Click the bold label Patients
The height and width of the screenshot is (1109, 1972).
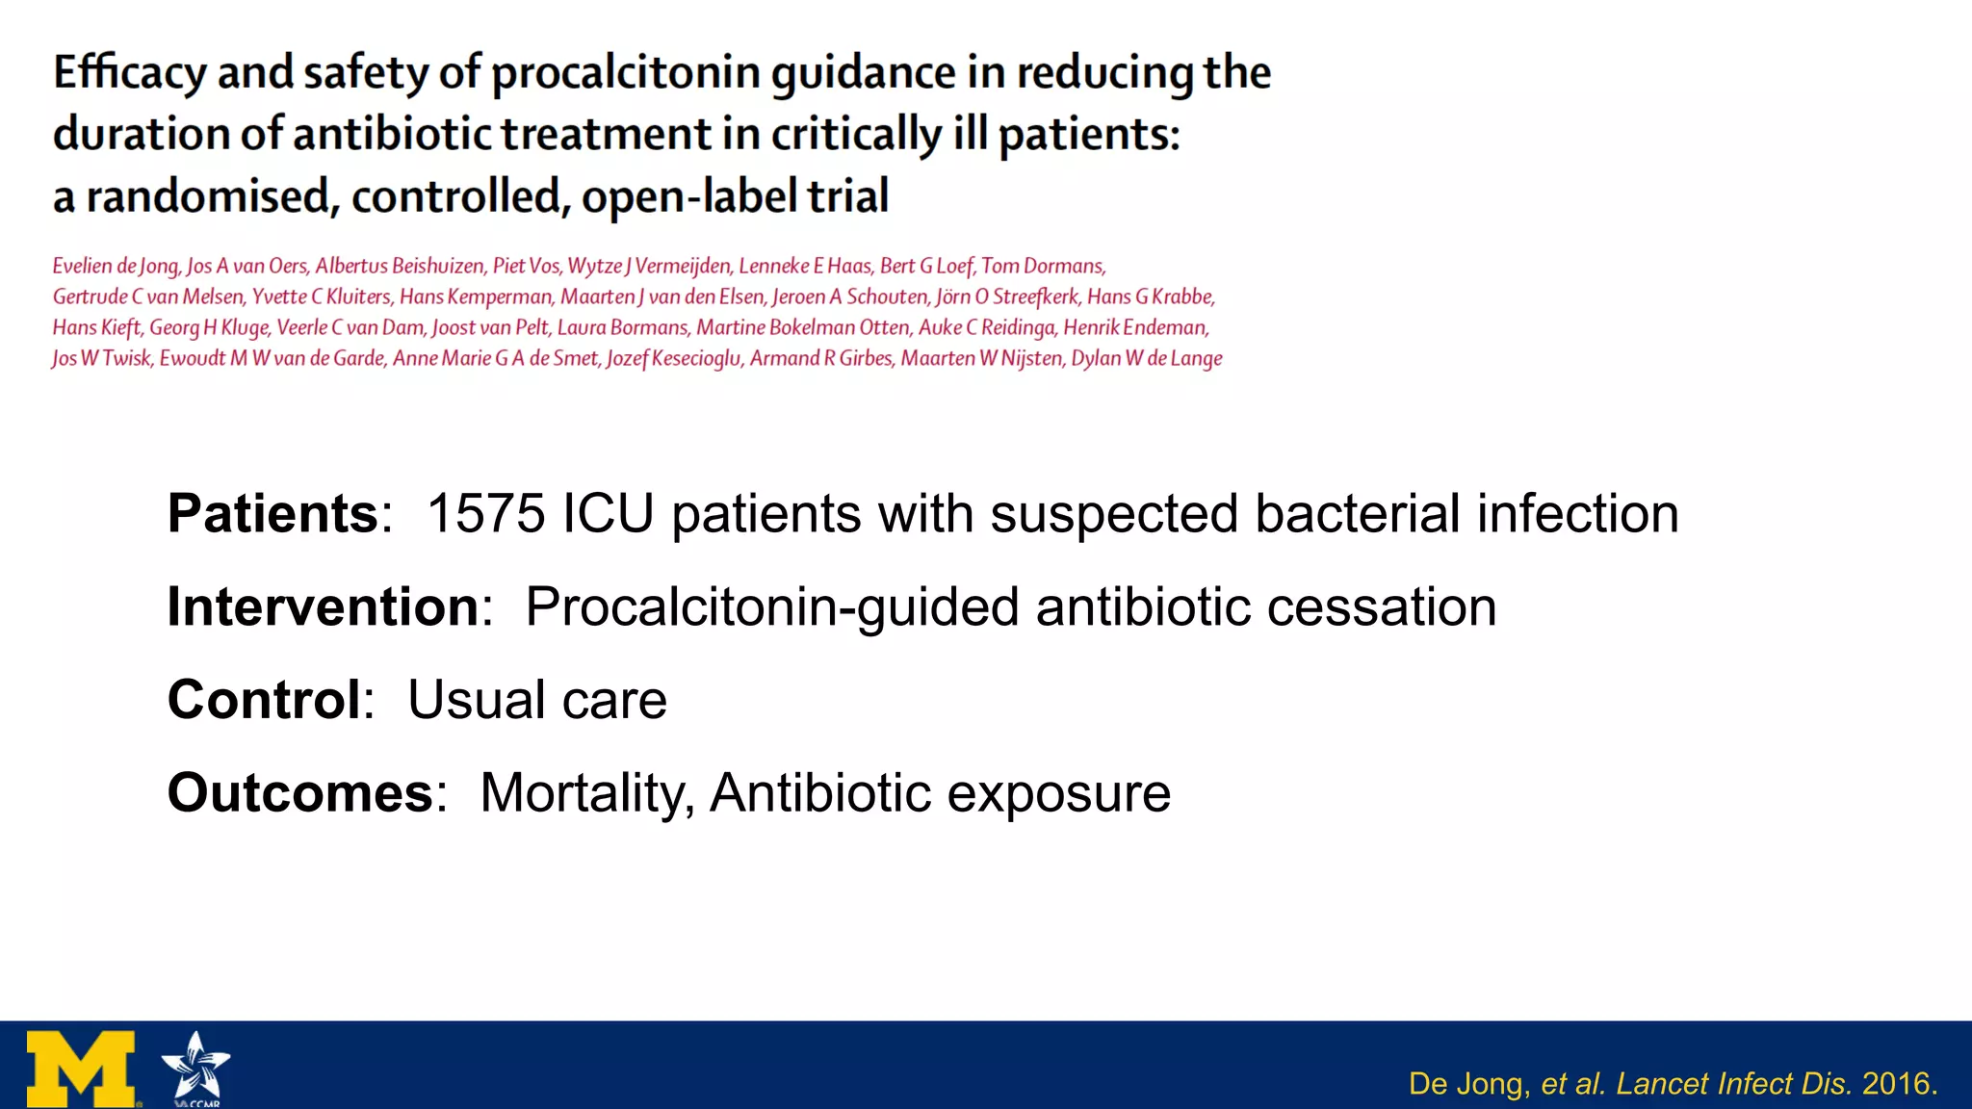[x=272, y=513]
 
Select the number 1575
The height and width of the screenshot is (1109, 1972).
[x=485, y=513]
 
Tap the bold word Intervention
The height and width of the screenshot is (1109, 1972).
[x=324, y=606]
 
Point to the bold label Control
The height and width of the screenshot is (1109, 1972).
[x=264, y=699]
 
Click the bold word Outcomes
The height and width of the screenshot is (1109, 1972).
[x=300, y=792]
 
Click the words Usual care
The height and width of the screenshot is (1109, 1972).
[x=536, y=699]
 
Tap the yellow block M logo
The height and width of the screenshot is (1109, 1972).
[x=81, y=1069]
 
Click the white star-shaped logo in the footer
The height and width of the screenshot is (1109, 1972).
[x=195, y=1067]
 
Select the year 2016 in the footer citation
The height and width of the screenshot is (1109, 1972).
[x=1896, y=1084]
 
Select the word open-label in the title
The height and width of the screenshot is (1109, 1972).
[x=689, y=196]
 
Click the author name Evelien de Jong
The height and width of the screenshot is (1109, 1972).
[x=116, y=266]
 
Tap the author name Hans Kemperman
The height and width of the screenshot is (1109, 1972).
[x=476, y=297]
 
